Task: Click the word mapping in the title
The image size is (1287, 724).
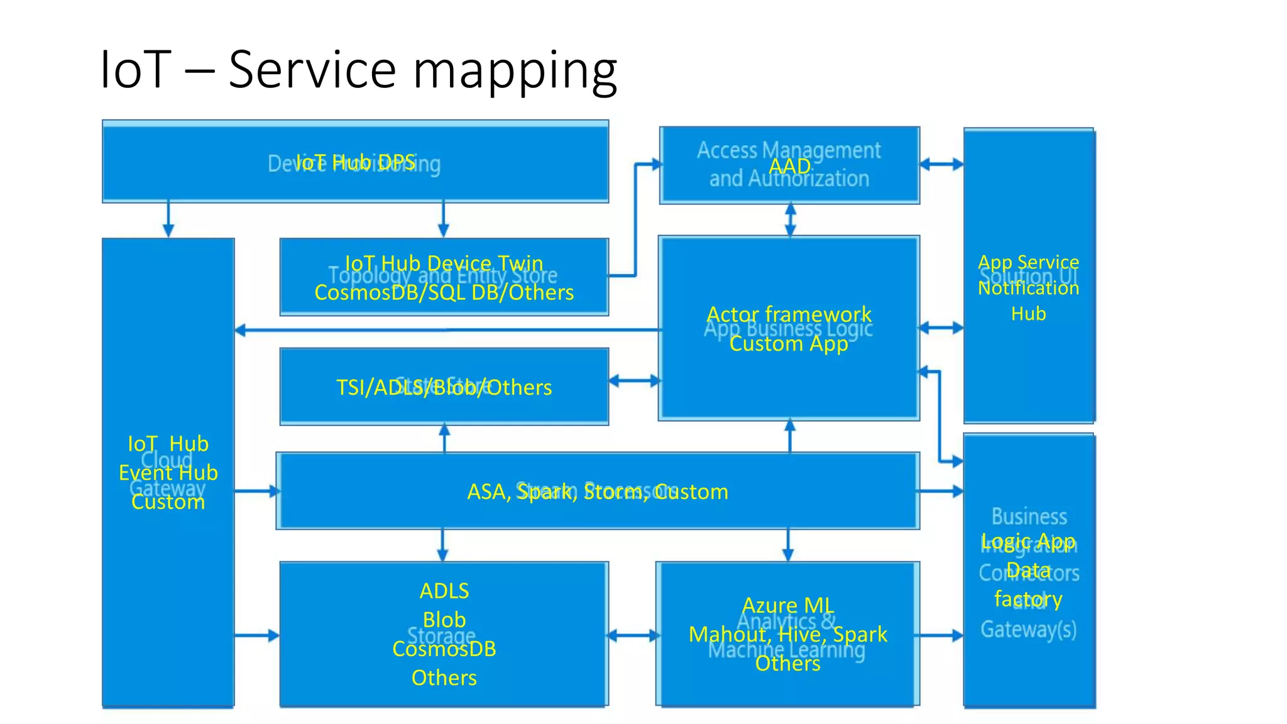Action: (515, 70)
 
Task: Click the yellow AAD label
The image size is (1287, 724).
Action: (789, 166)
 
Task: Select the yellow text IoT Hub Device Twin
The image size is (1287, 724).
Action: (444, 263)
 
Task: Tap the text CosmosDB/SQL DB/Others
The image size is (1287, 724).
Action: (444, 292)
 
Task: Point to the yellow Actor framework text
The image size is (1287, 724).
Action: (789, 314)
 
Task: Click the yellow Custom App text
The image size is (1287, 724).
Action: (789, 343)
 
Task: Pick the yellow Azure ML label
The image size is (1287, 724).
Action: (788, 605)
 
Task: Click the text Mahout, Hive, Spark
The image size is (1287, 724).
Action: (788, 633)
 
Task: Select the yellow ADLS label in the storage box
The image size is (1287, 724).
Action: (444, 591)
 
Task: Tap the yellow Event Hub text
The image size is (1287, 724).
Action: (168, 473)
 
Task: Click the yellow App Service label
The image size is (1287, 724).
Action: (1029, 261)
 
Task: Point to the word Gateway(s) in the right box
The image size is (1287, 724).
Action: (1029, 629)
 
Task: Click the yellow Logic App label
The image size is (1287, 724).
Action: (1029, 540)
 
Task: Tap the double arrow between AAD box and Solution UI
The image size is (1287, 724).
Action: (941, 165)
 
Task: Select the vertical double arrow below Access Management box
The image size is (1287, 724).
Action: (791, 219)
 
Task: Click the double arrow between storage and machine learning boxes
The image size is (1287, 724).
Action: (633, 636)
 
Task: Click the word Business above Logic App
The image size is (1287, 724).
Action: (1029, 517)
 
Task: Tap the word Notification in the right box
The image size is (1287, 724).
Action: (1029, 288)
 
